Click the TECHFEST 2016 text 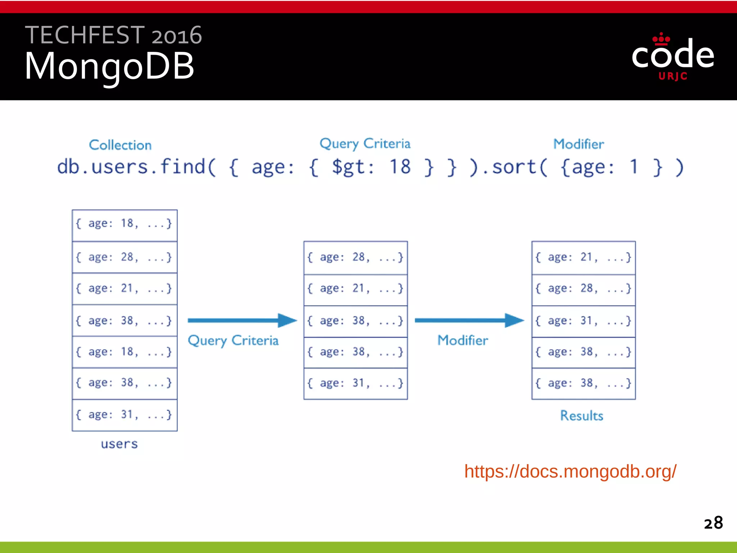(x=113, y=35)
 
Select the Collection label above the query (x=120, y=145)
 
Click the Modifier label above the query (x=578, y=144)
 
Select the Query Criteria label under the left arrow (x=233, y=340)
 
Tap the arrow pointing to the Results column (x=469, y=320)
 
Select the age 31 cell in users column (x=125, y=415)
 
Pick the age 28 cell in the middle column (x=356, y=257)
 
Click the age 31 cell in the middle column (x=356, y=383)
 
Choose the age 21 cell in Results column (x=583, y=257)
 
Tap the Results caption (x=582, y=415)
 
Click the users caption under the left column (x=119, y=444)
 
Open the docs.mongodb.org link (x=570, y=471)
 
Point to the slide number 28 (x=713, y=523)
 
